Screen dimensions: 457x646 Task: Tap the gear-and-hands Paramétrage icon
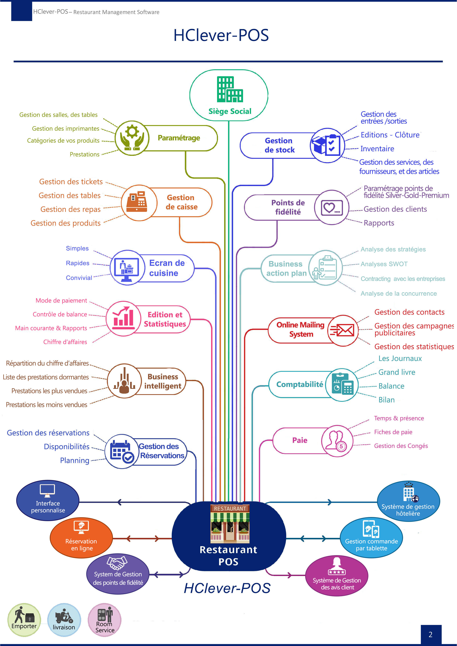(132, 138)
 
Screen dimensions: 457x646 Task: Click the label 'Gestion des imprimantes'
(66, 129)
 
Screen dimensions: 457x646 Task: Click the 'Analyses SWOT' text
(384, 264)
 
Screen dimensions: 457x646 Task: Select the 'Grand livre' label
(397, 372)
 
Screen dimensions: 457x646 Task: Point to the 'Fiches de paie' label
(393, 432)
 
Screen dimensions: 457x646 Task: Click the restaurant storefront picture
(230, 524)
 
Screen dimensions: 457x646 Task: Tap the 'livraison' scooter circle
(64, 620)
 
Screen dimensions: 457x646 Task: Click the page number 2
(430, 634)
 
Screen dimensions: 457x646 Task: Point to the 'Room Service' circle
(105, 620)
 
